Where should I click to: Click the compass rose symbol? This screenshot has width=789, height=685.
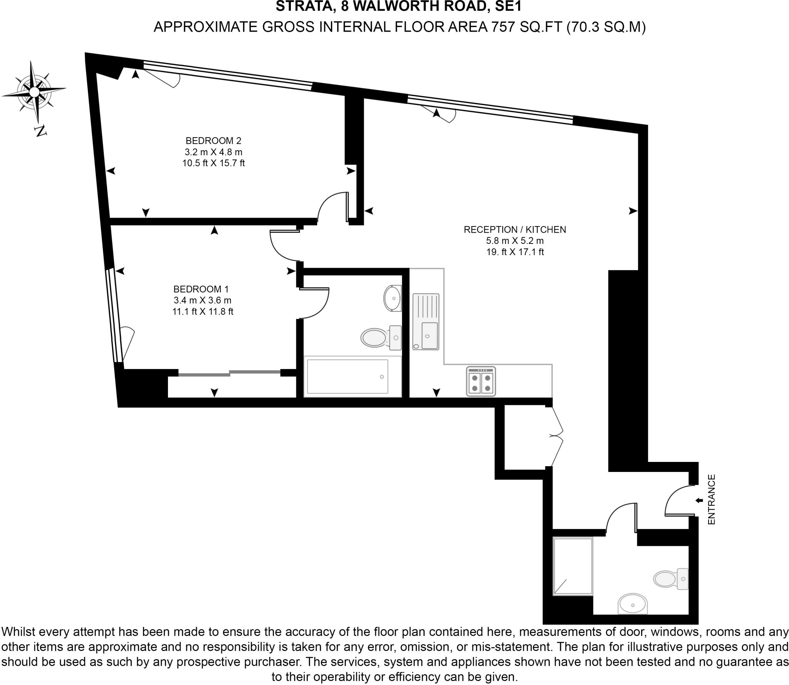tap(34, 92)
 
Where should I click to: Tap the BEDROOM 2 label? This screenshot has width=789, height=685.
tap(213, 141)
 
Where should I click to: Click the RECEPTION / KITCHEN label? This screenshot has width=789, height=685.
tap(515, 230)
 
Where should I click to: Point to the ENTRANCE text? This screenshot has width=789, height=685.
tap(711, 499)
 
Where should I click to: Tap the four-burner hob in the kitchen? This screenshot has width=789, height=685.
tap(481, 381)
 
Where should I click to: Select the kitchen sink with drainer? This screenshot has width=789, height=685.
tap(426, 321)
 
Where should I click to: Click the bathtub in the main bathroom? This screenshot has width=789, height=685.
tap(347, 376)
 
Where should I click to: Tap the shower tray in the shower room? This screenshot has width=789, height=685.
tap(573, 566)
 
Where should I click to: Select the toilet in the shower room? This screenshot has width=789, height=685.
tap(670, 579)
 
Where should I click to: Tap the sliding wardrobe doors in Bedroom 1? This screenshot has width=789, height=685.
tap(229, 373)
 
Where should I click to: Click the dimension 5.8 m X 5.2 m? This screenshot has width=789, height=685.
tap(515, 241)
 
